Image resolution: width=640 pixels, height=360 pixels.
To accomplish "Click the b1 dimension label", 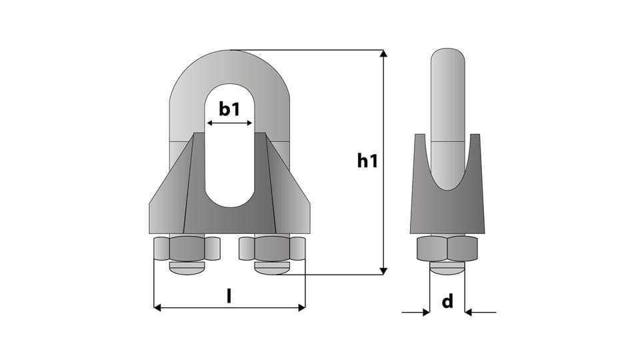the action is [230, 109].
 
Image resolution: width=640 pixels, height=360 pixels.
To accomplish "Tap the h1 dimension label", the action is [367, 161].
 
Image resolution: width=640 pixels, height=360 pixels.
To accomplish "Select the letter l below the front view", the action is [229, 295].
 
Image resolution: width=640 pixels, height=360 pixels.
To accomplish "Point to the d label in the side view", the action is [448, 301].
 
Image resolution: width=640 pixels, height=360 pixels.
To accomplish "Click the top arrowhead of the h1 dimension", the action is [383, 53].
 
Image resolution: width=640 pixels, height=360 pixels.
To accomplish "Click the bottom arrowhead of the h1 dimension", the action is [383, 271].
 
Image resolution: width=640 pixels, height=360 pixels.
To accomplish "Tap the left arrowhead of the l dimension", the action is [157, 307].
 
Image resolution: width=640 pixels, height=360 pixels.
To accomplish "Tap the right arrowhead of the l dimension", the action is [301, 307].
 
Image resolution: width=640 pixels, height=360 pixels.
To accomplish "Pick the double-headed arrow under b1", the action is [230, 123].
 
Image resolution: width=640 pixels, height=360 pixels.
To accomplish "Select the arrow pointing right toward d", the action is [416, 313].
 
